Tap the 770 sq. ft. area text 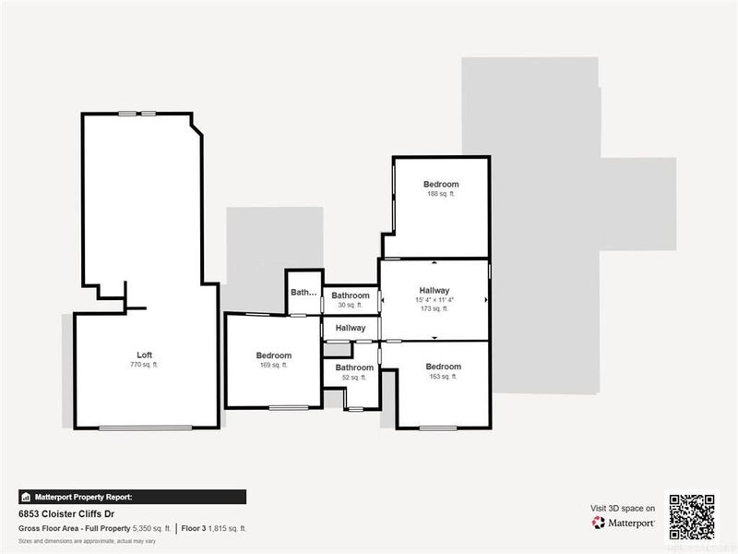(144, 366)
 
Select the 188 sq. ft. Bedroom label (441, 184)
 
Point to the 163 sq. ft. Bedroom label (444, 367)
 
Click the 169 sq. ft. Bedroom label (274, 355)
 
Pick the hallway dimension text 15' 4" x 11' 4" (433, 299)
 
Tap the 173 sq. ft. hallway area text (433, 308)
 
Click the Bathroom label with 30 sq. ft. (351, 296)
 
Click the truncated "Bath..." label (304, 293)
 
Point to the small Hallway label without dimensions (351, 328)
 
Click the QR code (692, 516)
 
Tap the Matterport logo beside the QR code (624, 523)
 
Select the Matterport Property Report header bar (132, 496)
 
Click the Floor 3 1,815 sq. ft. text (213, 528)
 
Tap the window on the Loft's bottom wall (146, 428)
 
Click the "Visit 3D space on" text (623, 508)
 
